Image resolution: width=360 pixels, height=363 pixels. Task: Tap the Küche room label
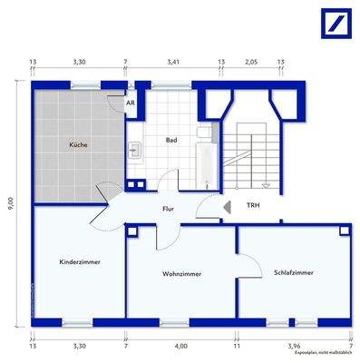pyautogui.click(x=78, y=145)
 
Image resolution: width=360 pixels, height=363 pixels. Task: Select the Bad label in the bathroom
pyautogui.click(x=170, y=141)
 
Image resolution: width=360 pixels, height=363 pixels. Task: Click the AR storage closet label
pyautogui.click(x=131, y=103)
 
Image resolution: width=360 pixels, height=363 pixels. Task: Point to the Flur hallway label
pyautogui.click(x=168, y=208)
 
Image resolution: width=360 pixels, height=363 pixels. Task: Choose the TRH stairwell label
pyautogui.click(x=253, y=206)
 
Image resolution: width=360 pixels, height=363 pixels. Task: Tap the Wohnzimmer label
pyautogui.click(x=181, y=273)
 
